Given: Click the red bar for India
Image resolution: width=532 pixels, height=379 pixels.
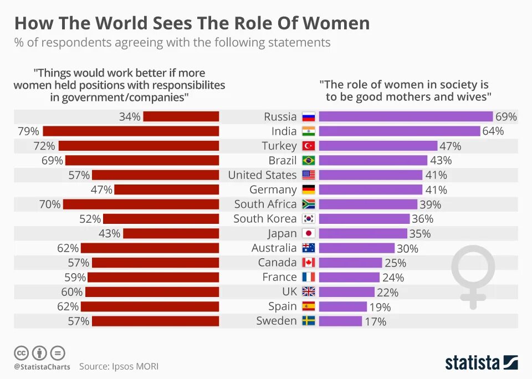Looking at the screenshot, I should click(x=131, y=131).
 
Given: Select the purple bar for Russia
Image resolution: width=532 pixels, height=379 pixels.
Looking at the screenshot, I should click(x=406, y=116).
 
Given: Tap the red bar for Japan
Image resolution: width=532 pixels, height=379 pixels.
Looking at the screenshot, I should click(x=171, y=233).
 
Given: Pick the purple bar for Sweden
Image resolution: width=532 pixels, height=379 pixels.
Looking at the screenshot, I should click(x=340, y=321).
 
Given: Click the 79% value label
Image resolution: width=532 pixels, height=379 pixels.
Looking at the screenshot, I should click(x=28, y=131).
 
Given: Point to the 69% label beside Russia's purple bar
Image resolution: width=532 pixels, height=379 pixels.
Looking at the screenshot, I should click(x=506, y=116).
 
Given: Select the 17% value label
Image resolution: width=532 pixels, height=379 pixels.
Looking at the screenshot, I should click(x=375, y=321).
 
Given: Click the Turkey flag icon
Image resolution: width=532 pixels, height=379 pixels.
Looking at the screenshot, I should click(x=309, y=146).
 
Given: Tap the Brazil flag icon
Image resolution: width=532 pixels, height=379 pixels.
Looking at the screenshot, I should click(x=309, y=161).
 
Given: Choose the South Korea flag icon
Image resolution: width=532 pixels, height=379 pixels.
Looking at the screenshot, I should click(x=309, y=219).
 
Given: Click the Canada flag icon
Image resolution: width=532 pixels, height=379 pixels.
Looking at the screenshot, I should click(x=309, y=263).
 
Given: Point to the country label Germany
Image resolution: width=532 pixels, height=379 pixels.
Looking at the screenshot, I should click(x=273, y=189).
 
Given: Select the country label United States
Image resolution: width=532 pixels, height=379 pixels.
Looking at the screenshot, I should click(x=262, y=175).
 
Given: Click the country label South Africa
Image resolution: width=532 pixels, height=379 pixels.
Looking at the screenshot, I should click(x=265, y=204).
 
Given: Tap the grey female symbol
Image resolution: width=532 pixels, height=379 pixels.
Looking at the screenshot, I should click(x=472, y=276).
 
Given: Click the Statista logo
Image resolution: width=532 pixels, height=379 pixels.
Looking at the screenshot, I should click(x=481, y=363).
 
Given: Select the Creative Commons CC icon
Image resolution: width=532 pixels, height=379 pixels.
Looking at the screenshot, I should click(x=21, y=352).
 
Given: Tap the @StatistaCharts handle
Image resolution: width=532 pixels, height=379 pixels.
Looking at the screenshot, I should click(x=42, y=367).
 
